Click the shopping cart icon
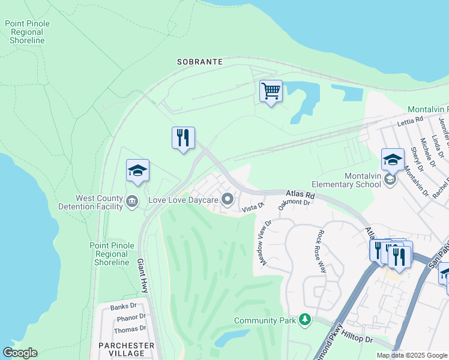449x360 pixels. tap(271, 92)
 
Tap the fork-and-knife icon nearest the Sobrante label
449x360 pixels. tap(183, 138)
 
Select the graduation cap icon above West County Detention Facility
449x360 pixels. tap(137, 171)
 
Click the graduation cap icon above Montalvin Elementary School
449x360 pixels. tap(393, 160)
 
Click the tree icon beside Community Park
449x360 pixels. tap(306, 320)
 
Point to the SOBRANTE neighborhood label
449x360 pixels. tap(200, 62)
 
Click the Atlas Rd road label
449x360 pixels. tap(300, 195)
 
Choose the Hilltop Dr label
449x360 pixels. tap(358, 339)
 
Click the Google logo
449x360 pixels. tap(20, 353)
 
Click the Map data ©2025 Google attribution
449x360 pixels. tap(411, 355)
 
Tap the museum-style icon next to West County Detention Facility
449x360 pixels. tap(132, 202)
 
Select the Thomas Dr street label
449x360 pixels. tap(130, 328)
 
